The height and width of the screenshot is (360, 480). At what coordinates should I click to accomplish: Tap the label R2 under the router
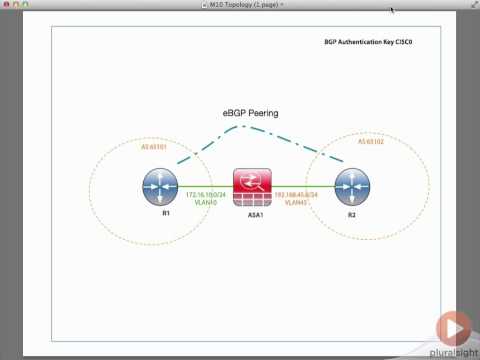(x=351, y=213)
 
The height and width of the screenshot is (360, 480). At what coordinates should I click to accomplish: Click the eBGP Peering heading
(x=250, y=114)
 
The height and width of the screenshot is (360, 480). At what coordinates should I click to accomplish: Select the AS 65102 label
(x=372, y=141)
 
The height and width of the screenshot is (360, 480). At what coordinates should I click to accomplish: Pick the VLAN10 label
(x=205, y=203)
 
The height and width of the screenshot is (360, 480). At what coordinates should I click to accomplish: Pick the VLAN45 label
(x=296, y=203)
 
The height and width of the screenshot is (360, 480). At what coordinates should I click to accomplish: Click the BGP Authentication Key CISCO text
(x=368, y=43)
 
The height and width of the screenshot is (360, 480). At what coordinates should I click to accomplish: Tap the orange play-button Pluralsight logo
(x=453, y=327)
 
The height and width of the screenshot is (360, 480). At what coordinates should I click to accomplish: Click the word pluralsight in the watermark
(x=453, y=351)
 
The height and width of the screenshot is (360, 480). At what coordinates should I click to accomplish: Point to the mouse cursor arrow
(x=392, y=11)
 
